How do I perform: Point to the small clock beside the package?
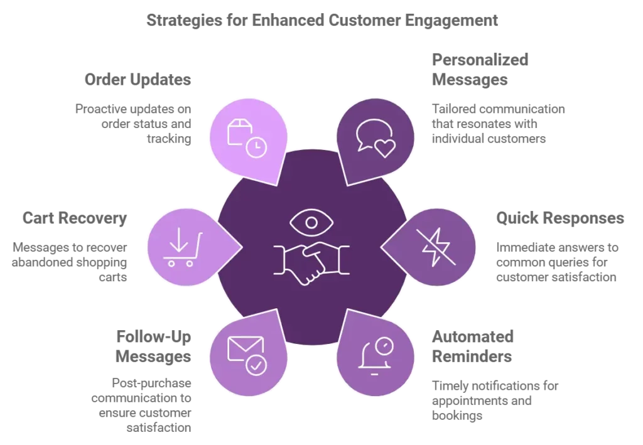[256, 147]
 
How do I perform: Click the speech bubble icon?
[372, 132]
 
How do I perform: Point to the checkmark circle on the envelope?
[256, 365]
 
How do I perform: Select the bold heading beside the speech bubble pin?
[482, 70]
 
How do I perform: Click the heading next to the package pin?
[138, 80]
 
